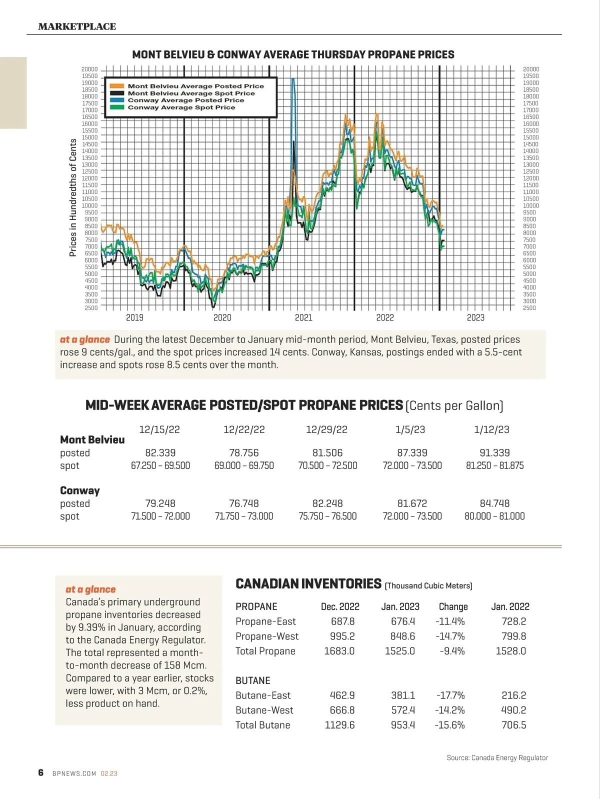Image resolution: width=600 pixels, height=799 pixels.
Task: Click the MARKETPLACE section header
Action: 77,26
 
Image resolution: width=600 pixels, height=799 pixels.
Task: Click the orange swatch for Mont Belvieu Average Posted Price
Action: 116,86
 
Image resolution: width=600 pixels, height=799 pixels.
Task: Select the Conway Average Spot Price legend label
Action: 181,107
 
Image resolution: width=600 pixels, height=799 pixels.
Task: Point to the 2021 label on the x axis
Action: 303,317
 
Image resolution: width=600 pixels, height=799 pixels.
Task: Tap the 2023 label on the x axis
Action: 475,317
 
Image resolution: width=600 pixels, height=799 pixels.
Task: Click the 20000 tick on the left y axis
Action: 89,69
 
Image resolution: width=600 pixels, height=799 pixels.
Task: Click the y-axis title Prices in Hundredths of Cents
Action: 73,197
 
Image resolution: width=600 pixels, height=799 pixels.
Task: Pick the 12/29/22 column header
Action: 326,429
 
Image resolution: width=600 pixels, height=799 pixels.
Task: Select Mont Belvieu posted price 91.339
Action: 494,452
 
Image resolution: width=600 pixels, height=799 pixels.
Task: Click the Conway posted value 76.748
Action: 244,503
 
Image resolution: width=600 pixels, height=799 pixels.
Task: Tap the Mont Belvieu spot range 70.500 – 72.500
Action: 327,465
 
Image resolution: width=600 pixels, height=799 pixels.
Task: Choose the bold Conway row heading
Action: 80,490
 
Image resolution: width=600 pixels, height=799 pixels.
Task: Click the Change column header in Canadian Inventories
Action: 453,606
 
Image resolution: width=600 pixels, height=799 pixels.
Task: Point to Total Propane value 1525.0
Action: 399,651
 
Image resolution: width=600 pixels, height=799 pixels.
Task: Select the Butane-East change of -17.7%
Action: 450,695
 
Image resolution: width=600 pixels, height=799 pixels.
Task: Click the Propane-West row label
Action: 267,636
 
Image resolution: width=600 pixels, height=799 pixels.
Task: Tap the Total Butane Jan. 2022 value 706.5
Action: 513,725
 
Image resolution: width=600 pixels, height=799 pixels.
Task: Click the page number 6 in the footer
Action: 41,772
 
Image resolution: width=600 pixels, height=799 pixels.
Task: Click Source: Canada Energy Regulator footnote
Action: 497,758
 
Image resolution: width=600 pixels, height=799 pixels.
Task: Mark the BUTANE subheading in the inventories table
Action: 253,680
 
